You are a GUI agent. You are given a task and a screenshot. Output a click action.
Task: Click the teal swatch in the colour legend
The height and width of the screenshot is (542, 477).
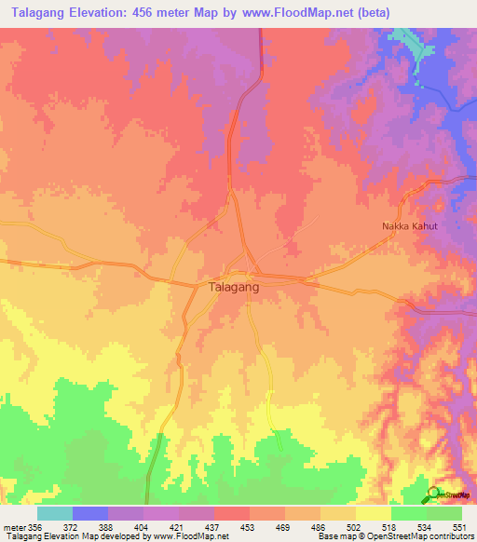[x=55, y=513]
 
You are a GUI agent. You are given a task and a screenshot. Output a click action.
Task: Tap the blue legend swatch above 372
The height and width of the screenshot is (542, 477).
[x=90, y=513]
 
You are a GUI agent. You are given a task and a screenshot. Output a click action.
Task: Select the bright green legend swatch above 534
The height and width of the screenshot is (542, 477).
[x=409, y=513]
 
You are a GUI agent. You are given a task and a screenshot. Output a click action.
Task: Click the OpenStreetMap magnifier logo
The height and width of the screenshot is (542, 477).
[x=433, y=494]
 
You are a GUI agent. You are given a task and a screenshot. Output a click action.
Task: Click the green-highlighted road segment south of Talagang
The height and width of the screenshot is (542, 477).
[x=271, y=410]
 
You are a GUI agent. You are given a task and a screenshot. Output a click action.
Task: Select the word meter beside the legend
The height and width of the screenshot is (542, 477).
[x=13, y=526]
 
